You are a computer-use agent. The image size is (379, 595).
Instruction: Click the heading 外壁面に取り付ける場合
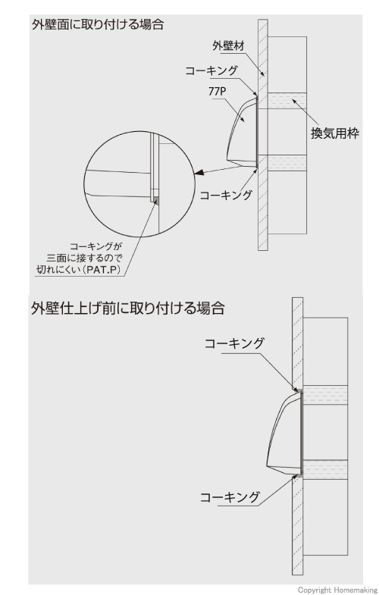click(x=98, y=25)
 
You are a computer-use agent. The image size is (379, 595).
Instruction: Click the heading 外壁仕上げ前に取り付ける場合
click(x=127, y=308)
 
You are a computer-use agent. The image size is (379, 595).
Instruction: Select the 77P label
click(x=215, y=92)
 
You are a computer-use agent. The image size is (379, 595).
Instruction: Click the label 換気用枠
click(x=335, y=133)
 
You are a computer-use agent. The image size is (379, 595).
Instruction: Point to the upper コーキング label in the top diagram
click(x=211, y=71)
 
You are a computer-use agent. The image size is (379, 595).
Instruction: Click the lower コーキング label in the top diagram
click(x=226, y=195)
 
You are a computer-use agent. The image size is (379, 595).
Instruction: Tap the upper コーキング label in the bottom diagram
click(x=234, y=343)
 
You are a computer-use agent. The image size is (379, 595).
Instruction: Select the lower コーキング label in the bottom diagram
click(x=230, y=497)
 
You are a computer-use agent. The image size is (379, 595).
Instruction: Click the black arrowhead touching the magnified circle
click(x=199, y=173)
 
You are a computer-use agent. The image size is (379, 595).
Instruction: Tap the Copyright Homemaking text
click(x=337, y=590)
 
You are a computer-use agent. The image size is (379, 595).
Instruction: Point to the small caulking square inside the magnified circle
click(x=155, y=198)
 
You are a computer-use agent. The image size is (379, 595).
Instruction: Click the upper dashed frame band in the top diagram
click(x=287, y=101)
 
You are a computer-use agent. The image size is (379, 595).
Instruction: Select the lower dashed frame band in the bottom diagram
click(x=324, y=469)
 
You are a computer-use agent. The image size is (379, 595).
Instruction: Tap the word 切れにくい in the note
click(x=61, y=271)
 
